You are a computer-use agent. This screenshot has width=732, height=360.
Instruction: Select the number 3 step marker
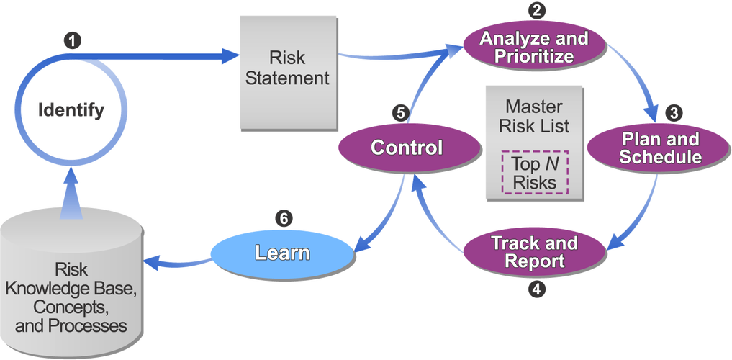[672, 112]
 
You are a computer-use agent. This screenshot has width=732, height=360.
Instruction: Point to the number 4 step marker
[534, 289]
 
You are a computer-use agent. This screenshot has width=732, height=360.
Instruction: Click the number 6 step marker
[285, 218]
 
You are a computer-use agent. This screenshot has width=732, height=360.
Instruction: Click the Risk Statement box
[288, 67]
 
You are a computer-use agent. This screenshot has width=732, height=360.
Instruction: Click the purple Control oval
[407, 148]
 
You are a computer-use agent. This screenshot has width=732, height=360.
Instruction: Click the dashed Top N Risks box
[534, 172]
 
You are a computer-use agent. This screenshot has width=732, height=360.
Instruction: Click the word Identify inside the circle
[72, 110]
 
